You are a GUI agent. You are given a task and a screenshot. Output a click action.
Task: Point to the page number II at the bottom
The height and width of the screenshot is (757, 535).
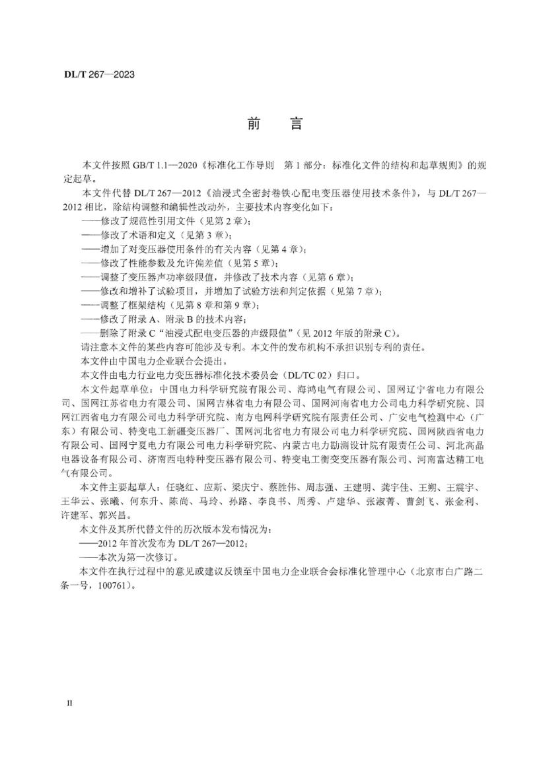pos(69,704)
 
